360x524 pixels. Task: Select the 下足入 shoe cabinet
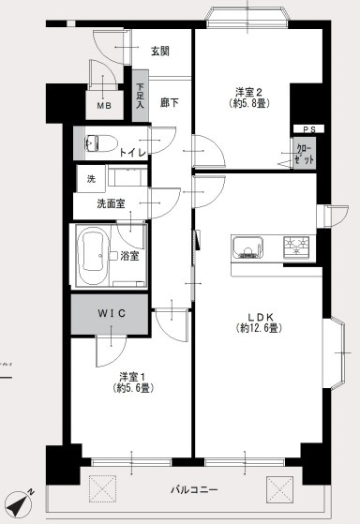140,98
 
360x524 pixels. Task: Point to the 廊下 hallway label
170,103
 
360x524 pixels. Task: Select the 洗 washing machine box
91,178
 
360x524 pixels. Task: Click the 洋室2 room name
247,92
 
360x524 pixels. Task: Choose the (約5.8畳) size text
247,105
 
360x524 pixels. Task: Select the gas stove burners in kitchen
297,247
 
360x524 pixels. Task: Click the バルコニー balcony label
195,489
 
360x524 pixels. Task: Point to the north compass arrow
19,503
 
